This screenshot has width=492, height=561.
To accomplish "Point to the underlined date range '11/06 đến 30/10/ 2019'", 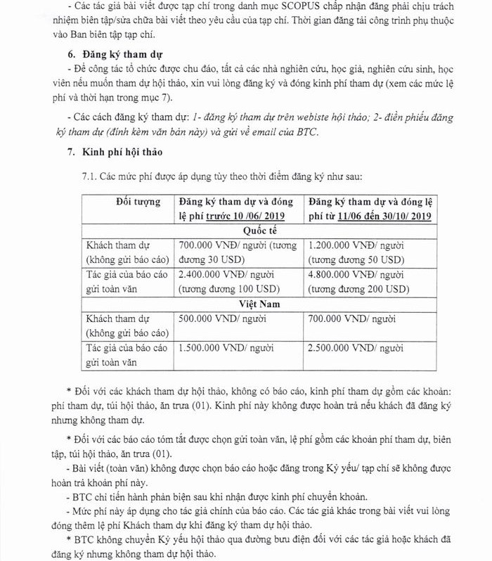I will [384, 216].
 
